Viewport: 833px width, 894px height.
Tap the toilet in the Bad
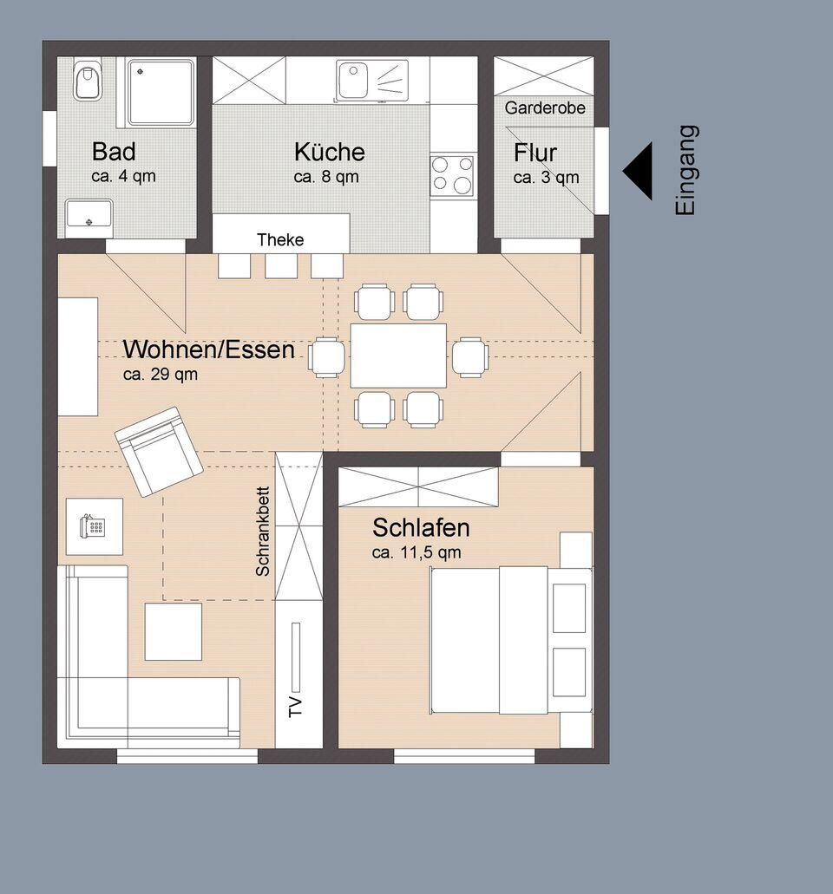click(x=88, y=79)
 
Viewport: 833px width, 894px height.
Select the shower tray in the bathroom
click(x=161, y=93)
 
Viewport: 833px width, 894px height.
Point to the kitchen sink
click(x=373, y=80)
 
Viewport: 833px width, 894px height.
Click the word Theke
click(x=280, y=239)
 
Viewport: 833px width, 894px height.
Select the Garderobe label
click(x=545, y=108)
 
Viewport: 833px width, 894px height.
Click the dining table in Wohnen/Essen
click(x=398, y=356)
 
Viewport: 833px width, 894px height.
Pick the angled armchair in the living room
click(x=159, y=452)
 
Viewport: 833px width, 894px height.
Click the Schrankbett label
click(x=262, y=531)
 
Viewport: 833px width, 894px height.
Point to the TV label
click(x=295, y=707)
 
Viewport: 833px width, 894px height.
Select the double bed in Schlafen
click(x=510, y=640)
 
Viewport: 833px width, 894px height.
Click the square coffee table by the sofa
click(x=173, y=632)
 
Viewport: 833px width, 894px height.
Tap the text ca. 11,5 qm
click(x=416, y=552)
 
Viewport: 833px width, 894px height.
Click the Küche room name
click(x=330, y=152)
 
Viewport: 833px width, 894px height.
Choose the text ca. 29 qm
click(x=161, y=375)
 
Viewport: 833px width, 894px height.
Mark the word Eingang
click(x=685, y=170)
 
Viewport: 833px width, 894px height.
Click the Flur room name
click(x=535, y=153)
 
